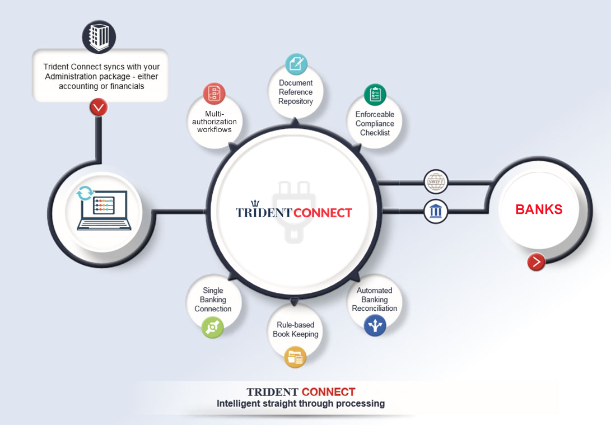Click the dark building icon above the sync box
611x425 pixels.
(x=99, y=36)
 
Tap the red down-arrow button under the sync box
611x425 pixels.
(x=99, y=106)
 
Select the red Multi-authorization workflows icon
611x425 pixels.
(x=214, y=94)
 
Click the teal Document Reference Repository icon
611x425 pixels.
(x=296, y=64)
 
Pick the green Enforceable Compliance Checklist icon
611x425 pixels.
(x=375, y=95)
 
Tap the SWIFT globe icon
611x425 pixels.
(x=436, y=181)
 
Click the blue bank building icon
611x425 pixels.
(x=436, y=211)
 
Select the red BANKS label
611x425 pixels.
(x=539, y=209)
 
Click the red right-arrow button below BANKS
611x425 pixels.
(x=537, y=261)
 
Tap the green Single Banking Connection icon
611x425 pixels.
(x=212, y=327)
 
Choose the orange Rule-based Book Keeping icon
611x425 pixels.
(x=295, y=357)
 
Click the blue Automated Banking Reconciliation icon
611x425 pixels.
(x=375, y=325)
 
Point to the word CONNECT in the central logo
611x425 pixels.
(x=323, y=213)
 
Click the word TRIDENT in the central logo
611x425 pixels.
(x=264, y=213)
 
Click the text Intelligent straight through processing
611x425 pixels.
(x=301, y=403)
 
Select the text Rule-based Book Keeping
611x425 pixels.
(x=295, y=329)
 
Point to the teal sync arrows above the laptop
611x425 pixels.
(x=85, y=194)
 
